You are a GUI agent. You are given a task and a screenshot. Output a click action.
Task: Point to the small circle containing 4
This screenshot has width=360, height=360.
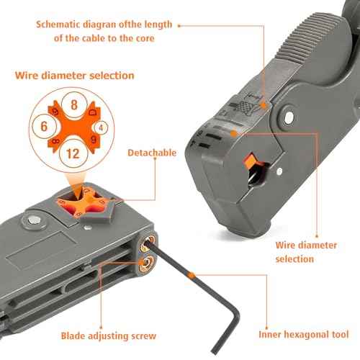(x=102, y=127)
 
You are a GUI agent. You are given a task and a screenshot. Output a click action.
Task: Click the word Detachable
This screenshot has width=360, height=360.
(x=152, y=153)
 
